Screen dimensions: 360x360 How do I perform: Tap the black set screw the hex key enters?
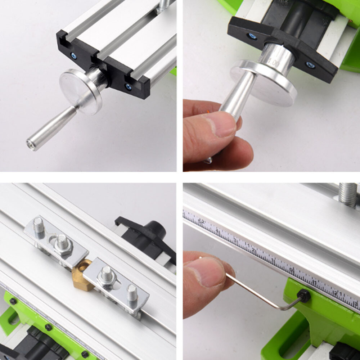(303, 296)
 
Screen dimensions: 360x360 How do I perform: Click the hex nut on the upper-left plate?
(63, 245)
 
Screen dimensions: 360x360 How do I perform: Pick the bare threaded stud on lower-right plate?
(132, 292)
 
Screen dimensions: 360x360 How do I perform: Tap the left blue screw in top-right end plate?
(252, 36)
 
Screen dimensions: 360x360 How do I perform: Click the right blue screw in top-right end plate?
(309, 65)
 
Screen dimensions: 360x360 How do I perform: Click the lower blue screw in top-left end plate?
(128, 86)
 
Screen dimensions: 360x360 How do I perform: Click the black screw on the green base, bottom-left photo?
(48, 327)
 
